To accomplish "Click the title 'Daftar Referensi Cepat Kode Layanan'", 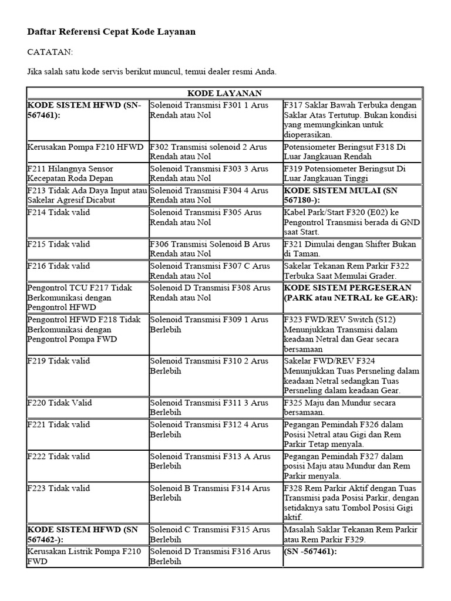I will pyautogui.click(x=112, y=32).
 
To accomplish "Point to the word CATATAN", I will pyautogui.click(x=51, y=52).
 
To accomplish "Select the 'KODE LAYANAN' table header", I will pyautogui.click(x=224, y=93).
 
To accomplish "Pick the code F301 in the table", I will pyautogui.click(x=226, y=104).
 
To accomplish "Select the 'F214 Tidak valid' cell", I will pyautogui.click(x=59, y=212).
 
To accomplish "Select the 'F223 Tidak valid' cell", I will pyautogui.click(x=59, y=488).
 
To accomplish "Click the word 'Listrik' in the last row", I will pyautogui.click(x=83, y=551).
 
